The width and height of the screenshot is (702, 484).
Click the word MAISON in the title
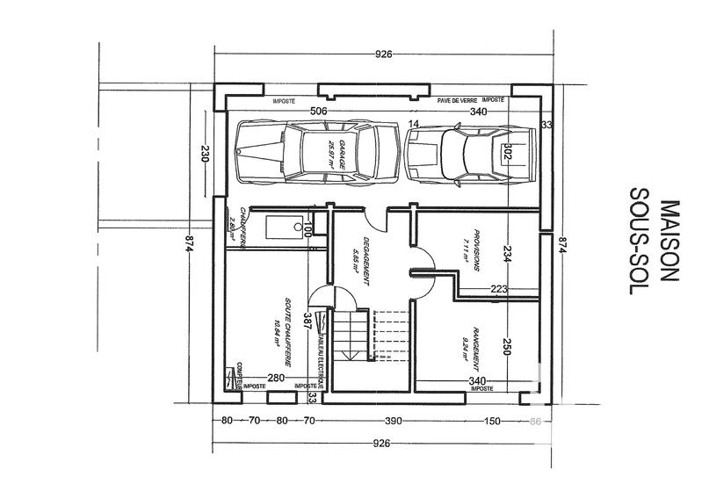670,241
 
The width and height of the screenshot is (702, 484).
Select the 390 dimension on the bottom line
393,422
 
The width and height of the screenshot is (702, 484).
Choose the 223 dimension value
499,288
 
